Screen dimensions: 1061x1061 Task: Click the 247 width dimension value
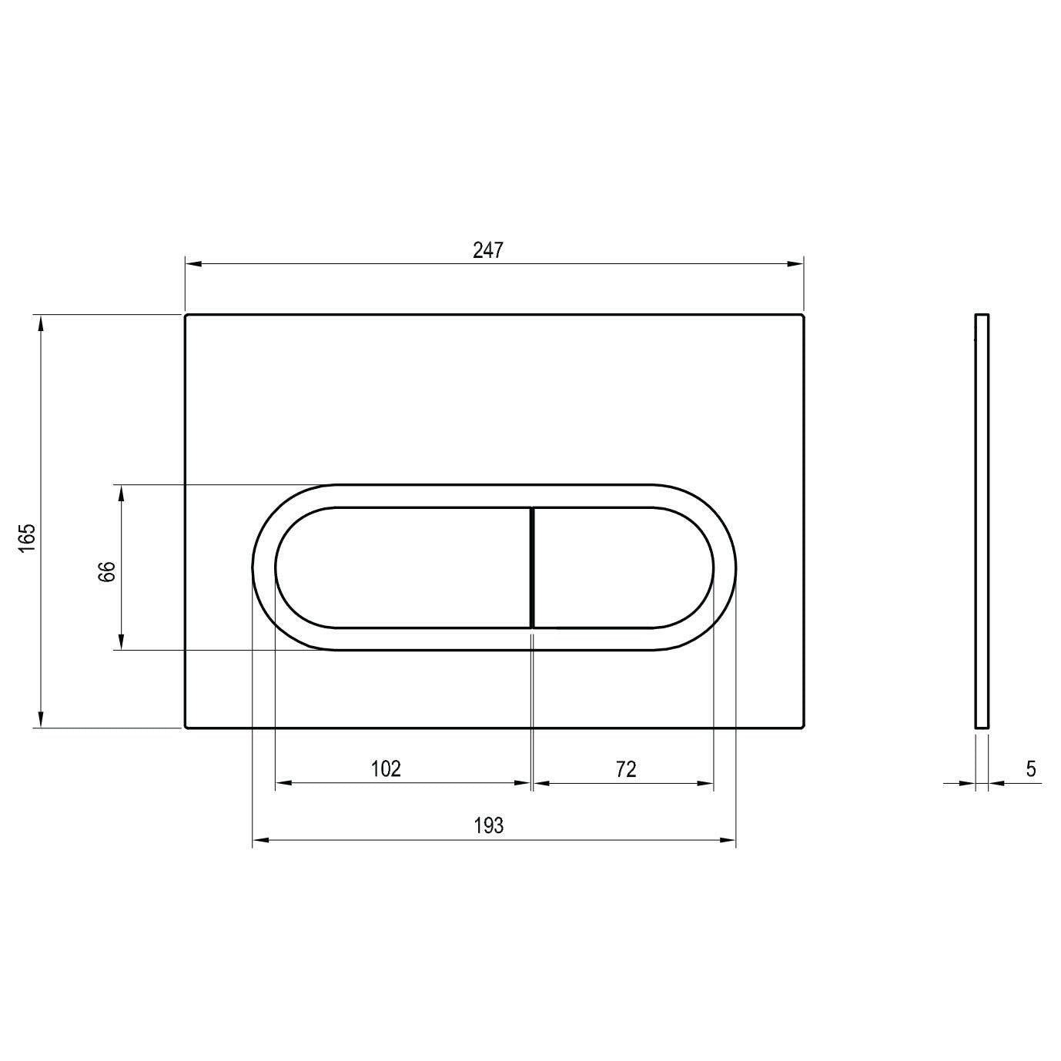[488, 250]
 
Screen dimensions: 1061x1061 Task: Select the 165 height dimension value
[28, 537]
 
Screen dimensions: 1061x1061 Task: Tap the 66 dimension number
[107, 571]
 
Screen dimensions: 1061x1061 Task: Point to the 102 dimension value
[386, 768]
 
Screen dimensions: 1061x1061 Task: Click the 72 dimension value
[625, 768]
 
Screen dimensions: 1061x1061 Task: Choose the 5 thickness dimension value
[1031, 768]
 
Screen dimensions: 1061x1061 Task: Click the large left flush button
[403, 567]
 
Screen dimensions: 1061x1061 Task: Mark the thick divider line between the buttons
[532, 567]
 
